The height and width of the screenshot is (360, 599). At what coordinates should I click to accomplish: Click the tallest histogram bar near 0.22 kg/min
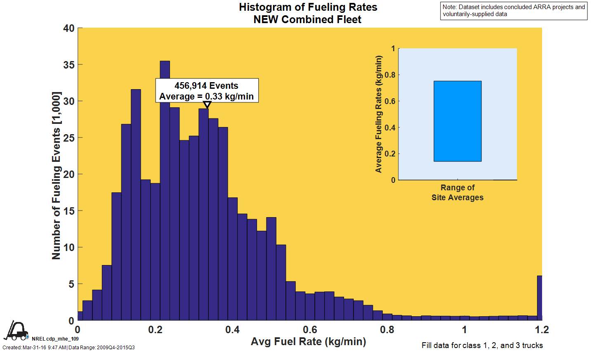[x=165, y=190]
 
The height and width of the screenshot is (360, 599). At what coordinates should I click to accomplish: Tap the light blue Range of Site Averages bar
[x=457, y=121]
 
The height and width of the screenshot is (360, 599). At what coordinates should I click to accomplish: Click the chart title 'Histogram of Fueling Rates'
[x=308, y=7]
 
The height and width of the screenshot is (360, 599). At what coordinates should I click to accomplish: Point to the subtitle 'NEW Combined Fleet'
[x=307, y=19]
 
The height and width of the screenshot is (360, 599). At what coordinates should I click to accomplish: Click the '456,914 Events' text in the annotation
[x=206, y=86]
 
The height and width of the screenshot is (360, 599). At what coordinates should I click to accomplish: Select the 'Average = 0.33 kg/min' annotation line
[x=206, y=97]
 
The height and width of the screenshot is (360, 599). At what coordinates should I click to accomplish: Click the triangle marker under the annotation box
[x=208, y=105]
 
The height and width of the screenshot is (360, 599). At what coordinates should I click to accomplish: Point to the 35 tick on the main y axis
[x=69, y=65]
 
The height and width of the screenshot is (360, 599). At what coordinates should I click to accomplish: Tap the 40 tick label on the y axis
[x=69, y=28]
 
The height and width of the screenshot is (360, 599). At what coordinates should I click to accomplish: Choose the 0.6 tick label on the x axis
[x=310, y=329]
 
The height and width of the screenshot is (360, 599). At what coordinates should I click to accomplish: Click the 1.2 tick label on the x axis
[x=542, y=329]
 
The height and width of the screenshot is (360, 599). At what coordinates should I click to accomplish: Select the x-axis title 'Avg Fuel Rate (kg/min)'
[x=308, y=342]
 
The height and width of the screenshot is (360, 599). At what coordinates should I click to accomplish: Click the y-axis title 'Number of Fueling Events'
[x=56, y=175]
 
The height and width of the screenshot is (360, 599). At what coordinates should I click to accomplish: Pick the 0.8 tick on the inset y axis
[x=390, y=75]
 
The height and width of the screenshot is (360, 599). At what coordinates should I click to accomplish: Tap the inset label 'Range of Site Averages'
[x=457, y=192]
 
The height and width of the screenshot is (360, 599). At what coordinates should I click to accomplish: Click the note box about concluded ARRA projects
[x=514, y=10]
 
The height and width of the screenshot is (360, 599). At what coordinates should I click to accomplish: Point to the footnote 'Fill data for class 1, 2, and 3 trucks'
[x=482, y=346]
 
